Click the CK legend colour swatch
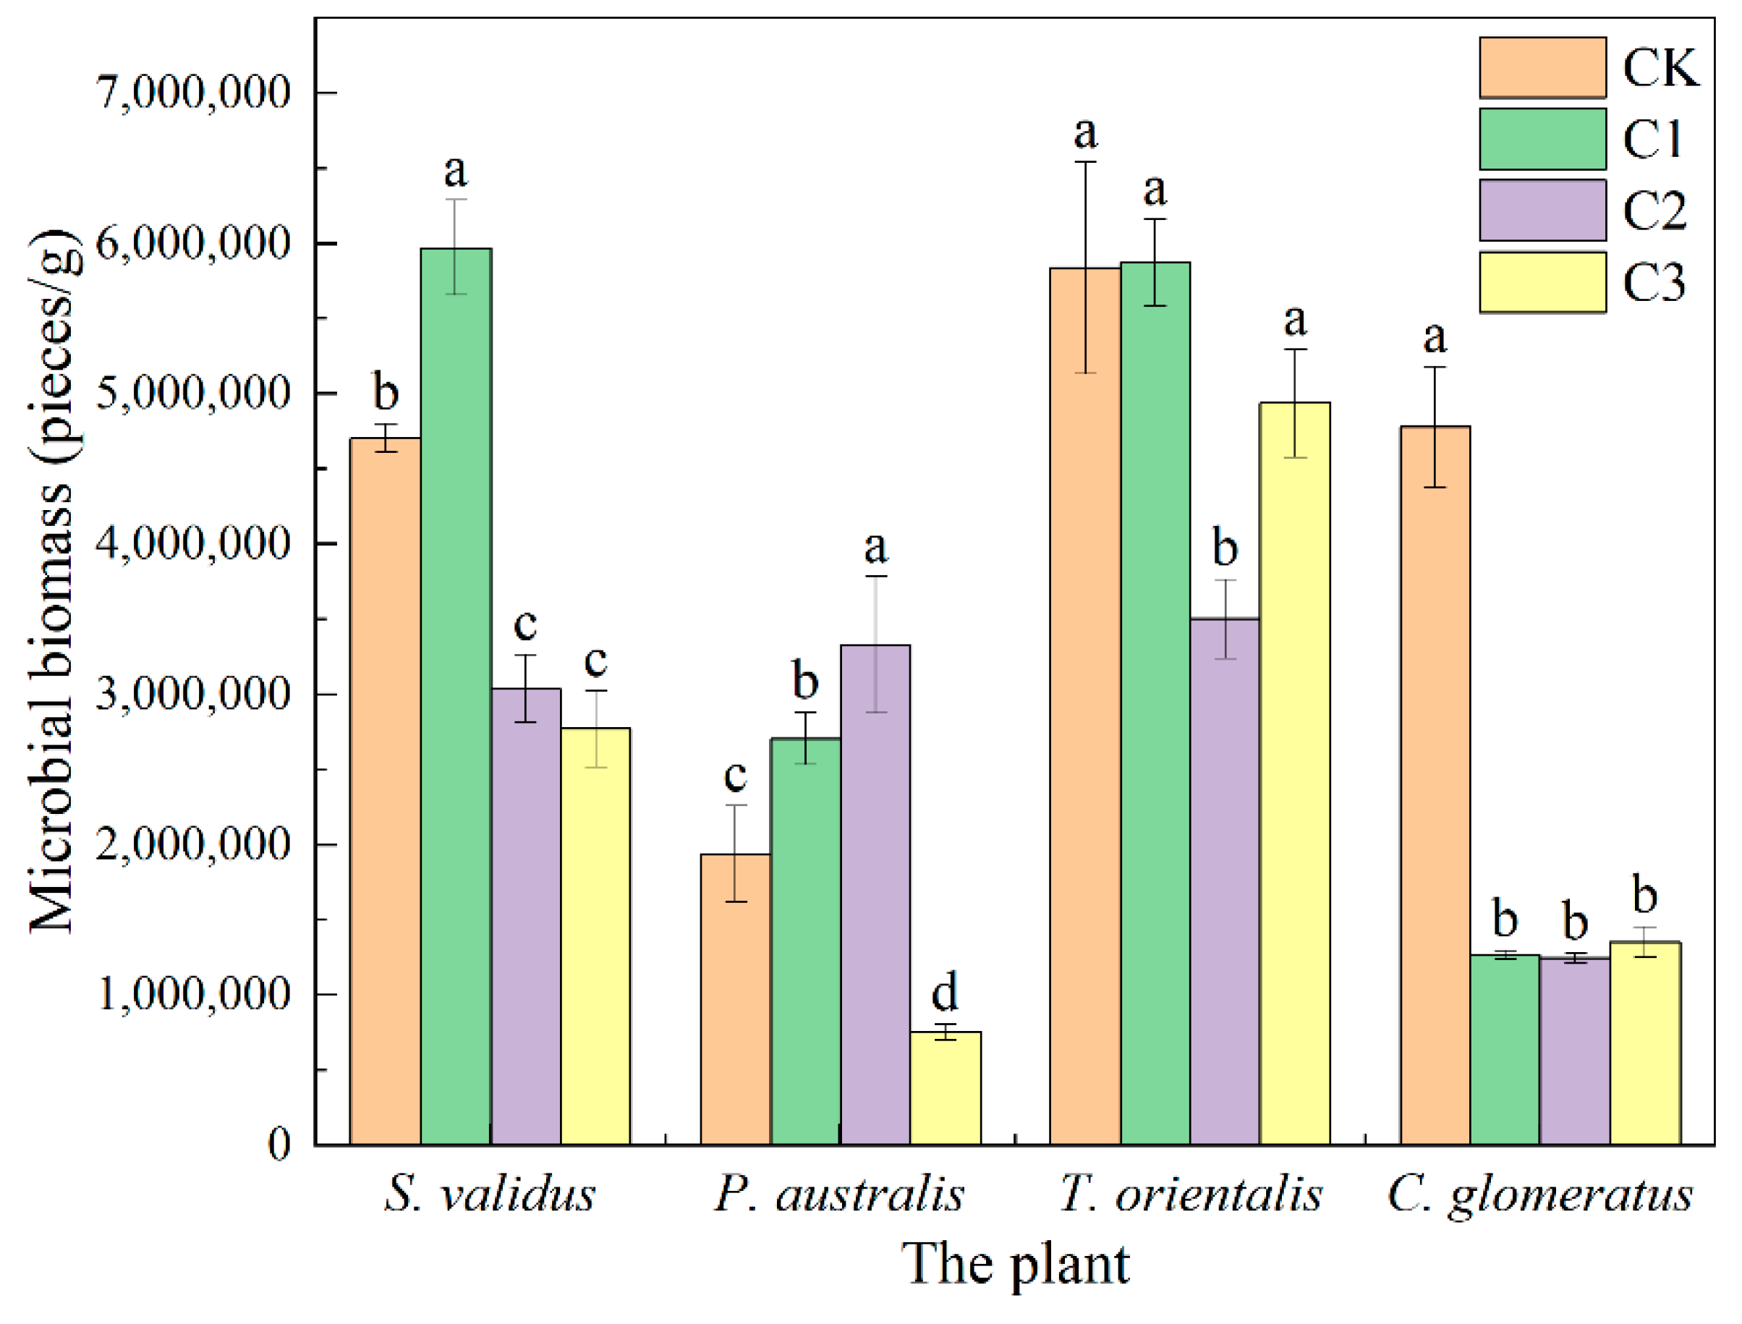(1542, 68)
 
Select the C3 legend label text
(1654, 282)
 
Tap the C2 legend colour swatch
(1542, 211)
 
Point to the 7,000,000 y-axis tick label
(193, 93)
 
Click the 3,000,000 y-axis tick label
(193, 695)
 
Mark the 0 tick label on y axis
(279, 1145)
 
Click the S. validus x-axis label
(489, 1194)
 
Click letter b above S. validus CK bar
(386, 391)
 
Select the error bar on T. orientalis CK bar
(1085, 267)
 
